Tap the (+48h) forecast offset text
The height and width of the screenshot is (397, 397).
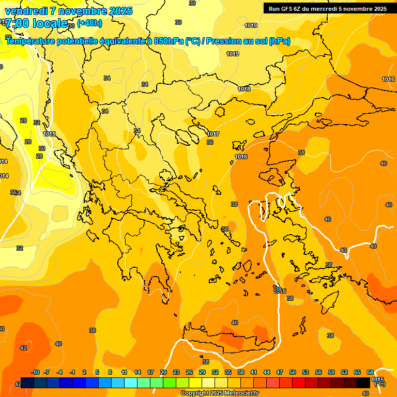[89, 23]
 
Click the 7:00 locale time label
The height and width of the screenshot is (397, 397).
[36, 23]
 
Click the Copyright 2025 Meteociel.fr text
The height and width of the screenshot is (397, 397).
[219, 393]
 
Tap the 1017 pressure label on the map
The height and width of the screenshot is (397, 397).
[213, 134]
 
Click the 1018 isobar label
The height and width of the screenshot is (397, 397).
[244, 89]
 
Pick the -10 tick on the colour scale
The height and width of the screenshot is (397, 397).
[35, 372]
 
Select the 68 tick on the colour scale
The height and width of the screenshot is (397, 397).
[370, 372]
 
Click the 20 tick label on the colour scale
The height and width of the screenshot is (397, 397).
[163, 372]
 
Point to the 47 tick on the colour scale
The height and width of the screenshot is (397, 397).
[280, 372]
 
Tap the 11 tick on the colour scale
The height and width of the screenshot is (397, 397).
[124, 372]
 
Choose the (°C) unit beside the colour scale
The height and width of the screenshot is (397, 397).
[379, 384]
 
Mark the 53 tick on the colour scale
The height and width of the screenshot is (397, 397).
[306, 372]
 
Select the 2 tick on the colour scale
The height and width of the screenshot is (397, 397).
[85, 372]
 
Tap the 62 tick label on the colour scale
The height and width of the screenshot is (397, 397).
[344, 372]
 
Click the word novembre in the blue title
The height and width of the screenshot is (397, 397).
[81, 11]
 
